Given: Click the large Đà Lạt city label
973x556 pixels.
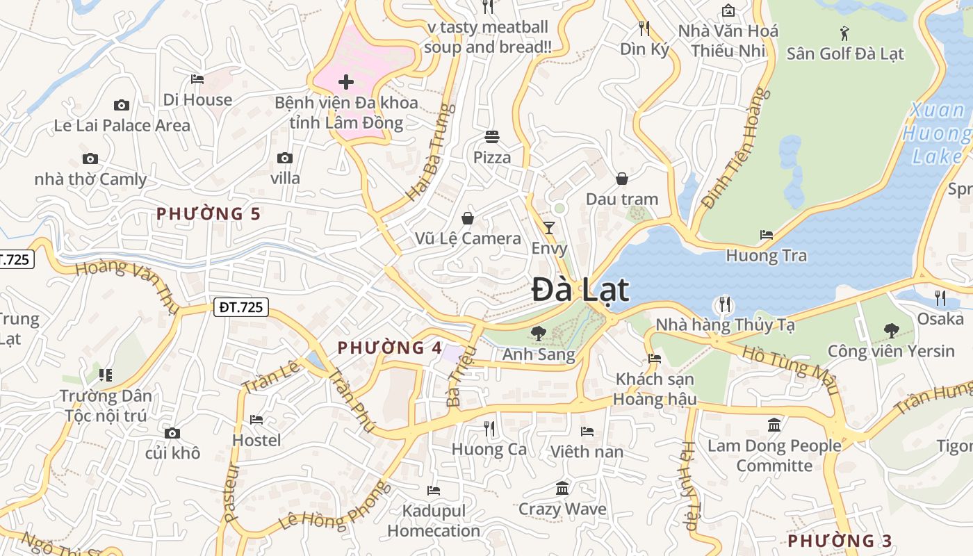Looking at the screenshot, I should [580, 290].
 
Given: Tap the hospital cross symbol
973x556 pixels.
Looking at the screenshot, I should [345, 82].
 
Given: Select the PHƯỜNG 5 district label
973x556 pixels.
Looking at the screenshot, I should [208, 213].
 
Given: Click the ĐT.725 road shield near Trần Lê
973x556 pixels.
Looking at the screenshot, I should [240, 306].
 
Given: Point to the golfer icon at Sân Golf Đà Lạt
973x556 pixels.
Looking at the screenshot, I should [844, 33].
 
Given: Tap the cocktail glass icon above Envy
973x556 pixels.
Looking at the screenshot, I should [549, 227].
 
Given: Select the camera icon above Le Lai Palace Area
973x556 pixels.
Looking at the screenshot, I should [122, 105].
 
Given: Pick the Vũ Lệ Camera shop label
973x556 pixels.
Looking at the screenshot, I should [468, 238].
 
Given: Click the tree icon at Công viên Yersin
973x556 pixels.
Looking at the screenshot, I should [891, 330].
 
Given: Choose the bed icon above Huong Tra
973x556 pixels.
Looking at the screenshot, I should [767, 235].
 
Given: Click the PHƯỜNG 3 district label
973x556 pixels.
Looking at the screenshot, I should [840, 540].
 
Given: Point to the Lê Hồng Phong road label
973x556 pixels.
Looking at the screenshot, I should [336, 506].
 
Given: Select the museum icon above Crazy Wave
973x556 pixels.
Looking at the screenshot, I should [562, 489].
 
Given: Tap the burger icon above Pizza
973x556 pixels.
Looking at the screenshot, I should [492, 136].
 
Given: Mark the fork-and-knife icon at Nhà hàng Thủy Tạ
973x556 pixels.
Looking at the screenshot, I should [724, 304].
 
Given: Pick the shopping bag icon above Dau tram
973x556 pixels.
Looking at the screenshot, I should [621, 179].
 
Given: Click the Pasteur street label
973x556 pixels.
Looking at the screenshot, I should [231, 492].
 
